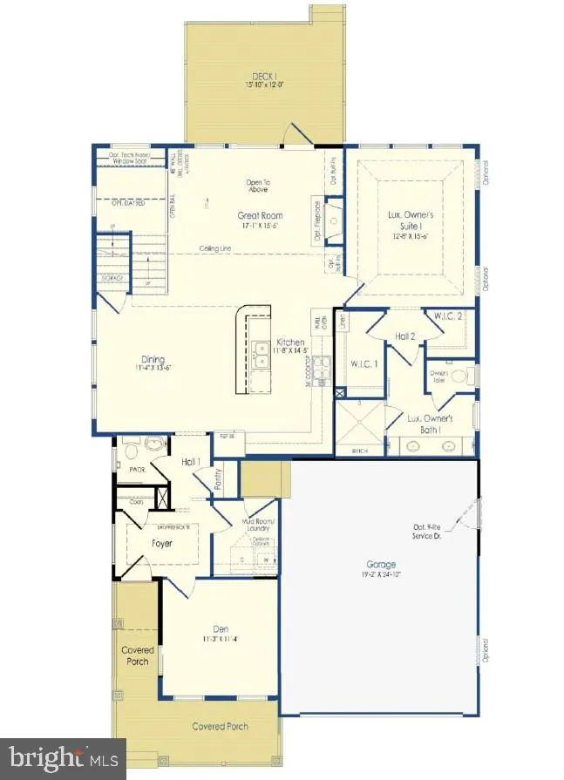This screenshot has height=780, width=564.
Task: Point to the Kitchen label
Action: point(290,343)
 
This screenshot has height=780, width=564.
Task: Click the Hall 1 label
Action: point(191,462)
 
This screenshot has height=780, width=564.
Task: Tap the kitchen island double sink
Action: point(261,354)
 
